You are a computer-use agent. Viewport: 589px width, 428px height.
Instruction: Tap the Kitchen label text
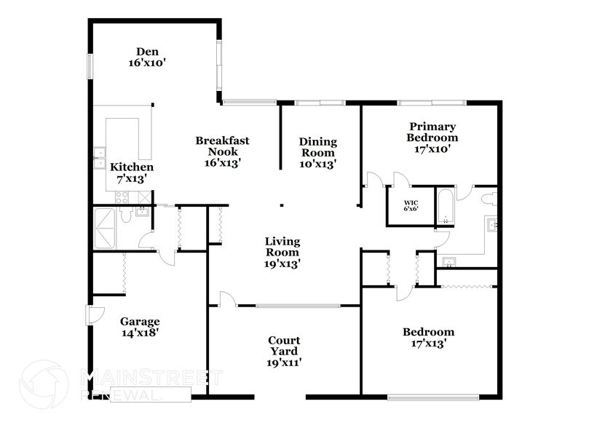[131, 174]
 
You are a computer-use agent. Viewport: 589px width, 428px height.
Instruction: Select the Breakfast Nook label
[218, 151]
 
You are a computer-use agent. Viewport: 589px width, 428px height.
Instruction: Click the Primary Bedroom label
[432, 137]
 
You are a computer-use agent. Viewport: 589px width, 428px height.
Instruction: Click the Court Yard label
[285, 350]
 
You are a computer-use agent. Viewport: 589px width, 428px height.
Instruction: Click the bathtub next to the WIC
[445, 206]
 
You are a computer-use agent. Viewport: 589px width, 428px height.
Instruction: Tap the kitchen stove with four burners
[122, 197]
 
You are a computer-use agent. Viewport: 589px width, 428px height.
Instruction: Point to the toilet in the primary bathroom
[488, 197]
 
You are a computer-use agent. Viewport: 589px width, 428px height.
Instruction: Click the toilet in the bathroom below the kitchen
[127, 216]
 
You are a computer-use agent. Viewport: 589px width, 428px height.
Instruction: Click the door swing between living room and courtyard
[226, 298]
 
